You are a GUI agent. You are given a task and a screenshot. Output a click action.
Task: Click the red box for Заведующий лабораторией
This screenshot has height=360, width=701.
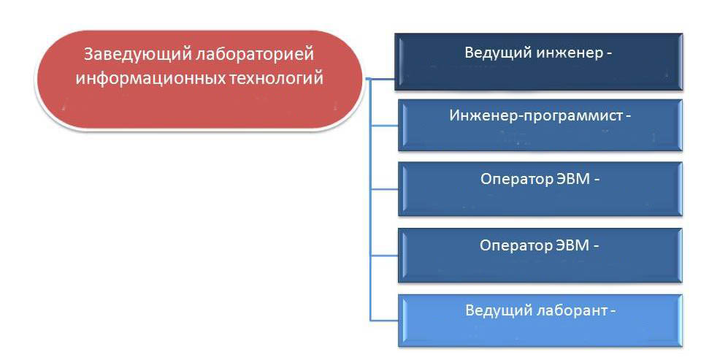point(199,80)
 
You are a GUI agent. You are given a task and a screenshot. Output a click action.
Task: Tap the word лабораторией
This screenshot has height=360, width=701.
point(256,55)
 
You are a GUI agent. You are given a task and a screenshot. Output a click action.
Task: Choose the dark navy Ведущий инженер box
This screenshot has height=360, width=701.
point(539,62)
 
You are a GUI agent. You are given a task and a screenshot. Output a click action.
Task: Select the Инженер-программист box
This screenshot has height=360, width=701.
point(540,126)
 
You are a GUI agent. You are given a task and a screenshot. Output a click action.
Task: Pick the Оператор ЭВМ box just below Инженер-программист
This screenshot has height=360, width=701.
point(540,189)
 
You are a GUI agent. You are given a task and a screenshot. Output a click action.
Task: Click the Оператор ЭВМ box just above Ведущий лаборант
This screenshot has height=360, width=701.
point(540,256)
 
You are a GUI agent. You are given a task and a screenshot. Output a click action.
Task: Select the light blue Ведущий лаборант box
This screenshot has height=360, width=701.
point(540,321)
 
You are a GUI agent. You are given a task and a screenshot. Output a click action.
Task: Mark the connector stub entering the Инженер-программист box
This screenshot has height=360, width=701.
point(385,126)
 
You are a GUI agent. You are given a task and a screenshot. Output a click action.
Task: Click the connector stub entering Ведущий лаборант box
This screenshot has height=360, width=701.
point(385,320)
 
